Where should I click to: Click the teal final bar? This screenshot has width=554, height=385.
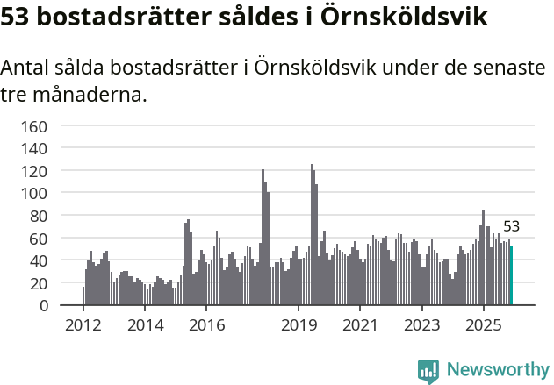point(511,275)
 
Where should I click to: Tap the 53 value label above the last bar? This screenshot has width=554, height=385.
point(511,226)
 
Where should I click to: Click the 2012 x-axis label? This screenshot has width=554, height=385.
point(83,325)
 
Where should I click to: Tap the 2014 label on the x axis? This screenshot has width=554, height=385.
point(145,325)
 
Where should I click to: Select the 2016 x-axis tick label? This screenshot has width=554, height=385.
point(206,325)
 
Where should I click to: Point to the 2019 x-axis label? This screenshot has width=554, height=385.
point(299,325)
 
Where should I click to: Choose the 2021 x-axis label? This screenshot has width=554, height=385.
point(360,325)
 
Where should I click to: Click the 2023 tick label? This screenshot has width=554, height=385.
point(421,325)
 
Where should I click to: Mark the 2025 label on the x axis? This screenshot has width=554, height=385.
point(483,325)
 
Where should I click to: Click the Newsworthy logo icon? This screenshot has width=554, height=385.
point(428,371)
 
